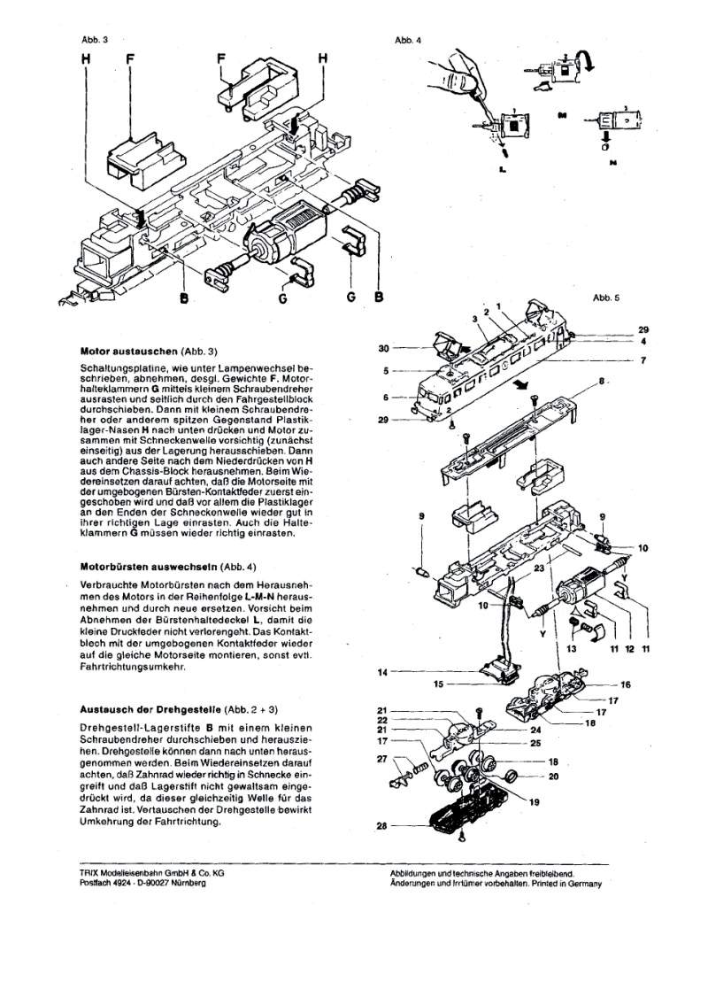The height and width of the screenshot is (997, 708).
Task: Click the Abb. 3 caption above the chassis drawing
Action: (x=94, y=41)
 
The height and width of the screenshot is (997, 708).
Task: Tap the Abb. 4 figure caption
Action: (x=409, y=41)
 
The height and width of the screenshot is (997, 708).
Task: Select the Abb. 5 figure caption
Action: (x=606, y=298)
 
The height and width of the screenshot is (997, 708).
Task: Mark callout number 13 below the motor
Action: (x=571, y=650)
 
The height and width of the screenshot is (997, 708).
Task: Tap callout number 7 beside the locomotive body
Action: (x=644, y=360)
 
